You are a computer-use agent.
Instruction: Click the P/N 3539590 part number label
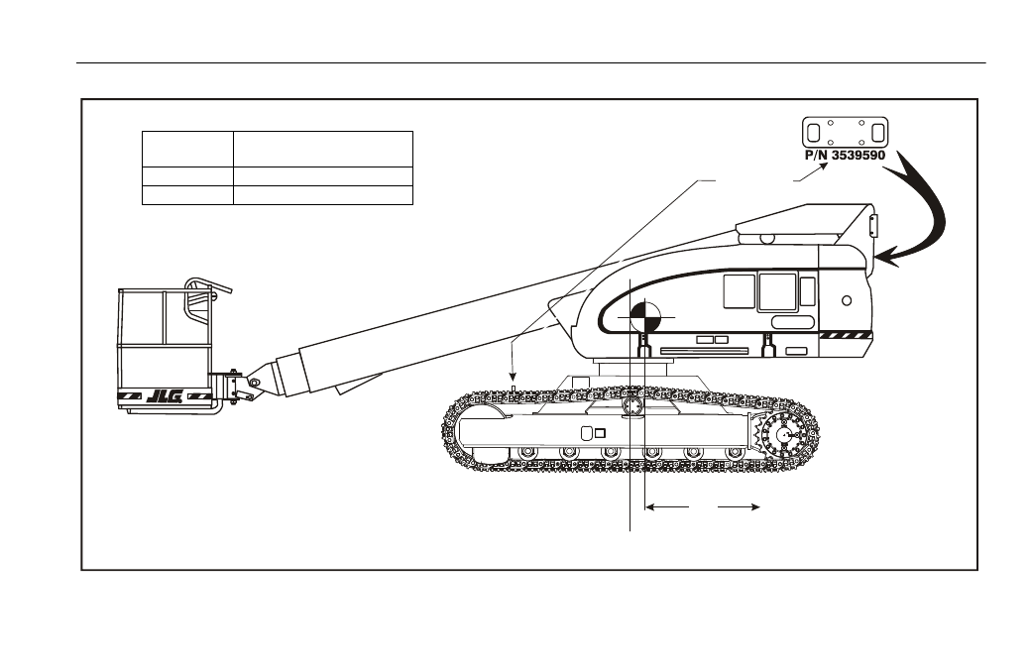click(845, 156)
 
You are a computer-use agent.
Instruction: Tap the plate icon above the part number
click(845, 132)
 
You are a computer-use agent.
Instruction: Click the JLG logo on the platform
click(164, 395)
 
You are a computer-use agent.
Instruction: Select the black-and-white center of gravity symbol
click(645, 317)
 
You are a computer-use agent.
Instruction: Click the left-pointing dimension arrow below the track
click(667, 506)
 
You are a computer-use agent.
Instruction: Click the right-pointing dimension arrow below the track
click(740, 506)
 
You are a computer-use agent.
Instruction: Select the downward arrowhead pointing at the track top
click(513, 376)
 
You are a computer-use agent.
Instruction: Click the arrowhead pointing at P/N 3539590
click(823, 167)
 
